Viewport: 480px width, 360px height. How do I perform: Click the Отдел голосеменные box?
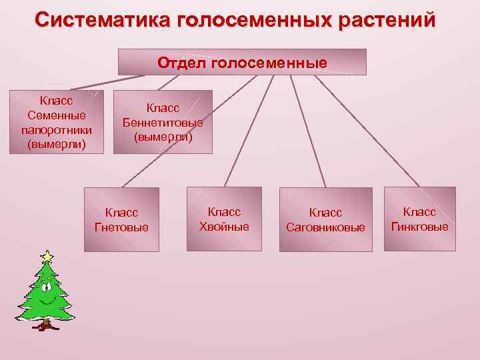coord(242,62)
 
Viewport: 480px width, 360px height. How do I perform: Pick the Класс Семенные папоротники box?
coord(57,121)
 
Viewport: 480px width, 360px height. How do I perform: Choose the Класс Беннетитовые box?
coord(163,122)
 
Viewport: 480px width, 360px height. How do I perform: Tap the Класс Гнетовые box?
coord(121,219)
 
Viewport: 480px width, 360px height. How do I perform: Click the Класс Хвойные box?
coord(224,219)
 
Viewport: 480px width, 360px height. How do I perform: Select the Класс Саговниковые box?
coord(325,219)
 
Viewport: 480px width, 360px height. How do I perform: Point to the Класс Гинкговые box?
coord(419,219)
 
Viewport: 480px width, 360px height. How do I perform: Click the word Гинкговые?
coord(419,226)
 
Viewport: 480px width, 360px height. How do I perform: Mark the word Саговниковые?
coord(325,227)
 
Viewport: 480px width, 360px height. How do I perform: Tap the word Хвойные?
coord(224,226)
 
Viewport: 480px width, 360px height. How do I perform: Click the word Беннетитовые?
coord(163,123)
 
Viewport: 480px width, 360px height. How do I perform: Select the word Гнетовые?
coord(121,227)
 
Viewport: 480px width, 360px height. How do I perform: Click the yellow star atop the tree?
coord(47,256)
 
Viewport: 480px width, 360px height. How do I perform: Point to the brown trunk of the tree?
coord(45,325)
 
